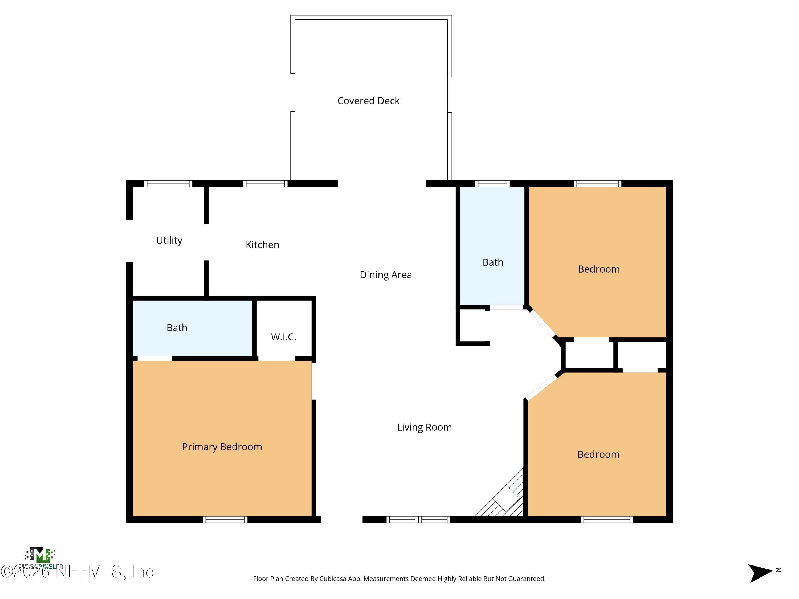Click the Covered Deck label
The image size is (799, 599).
click(368, 101)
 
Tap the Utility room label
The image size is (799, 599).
click(169, 240)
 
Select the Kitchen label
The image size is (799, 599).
click(262, 245)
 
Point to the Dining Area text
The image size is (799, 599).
click(385, 275)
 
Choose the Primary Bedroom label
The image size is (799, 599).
click(222, 447)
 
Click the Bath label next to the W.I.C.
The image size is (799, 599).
click(177, 327)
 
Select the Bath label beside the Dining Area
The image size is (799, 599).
click(493, 262)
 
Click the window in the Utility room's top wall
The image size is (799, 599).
click(168, 184)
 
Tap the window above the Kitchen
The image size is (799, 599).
click(265, 184)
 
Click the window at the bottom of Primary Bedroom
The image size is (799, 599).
click(225, 520)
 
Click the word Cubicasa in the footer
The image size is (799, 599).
click(333, 579)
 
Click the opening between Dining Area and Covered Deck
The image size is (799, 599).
click(382, 184)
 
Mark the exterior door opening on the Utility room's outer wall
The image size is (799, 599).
click(129, 241)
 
